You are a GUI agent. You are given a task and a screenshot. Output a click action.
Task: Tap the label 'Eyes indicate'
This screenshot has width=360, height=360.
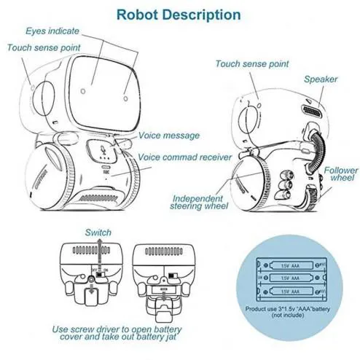coord(52,31)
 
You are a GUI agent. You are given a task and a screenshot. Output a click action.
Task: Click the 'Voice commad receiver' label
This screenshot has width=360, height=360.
coord(185,157)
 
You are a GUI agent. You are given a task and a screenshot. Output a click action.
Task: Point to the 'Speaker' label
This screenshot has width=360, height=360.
coord(321,79)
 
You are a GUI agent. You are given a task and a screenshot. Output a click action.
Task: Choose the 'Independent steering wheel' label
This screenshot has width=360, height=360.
coord(200,203)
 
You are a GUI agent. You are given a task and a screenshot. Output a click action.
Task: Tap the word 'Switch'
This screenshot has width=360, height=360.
coord(98,232)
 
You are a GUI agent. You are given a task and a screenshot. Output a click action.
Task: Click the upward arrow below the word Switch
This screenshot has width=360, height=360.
coord(98,251)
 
